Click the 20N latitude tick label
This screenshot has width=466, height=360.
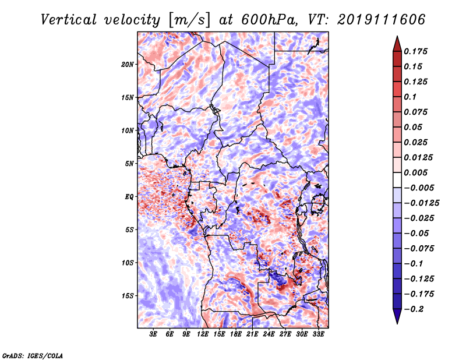point(128,65)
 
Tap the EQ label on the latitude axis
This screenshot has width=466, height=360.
point(129,197)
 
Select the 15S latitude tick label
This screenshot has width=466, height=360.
point(128,296)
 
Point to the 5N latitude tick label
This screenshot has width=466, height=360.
point(129,164)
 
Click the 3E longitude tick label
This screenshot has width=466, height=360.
point(153,334)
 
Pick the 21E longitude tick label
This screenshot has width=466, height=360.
point(252,334)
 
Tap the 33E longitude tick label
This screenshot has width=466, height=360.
point(318,334)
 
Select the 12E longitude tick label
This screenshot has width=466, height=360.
point(202,334)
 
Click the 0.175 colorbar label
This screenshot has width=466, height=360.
point(415,51)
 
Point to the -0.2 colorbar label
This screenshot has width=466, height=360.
point(414,309)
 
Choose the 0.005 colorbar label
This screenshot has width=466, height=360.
point(415,172)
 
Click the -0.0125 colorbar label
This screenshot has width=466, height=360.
point(421,203)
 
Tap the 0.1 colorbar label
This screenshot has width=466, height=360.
point(410,97)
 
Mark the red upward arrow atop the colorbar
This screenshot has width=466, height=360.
point(397,44)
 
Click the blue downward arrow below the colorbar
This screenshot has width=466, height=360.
point(397,316)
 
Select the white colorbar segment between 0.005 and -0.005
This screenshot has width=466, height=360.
point(397,180)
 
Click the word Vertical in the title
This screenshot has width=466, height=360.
point(69,20)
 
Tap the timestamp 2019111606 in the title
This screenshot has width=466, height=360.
point(382,20)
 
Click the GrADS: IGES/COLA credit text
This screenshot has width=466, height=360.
point(33,356)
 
